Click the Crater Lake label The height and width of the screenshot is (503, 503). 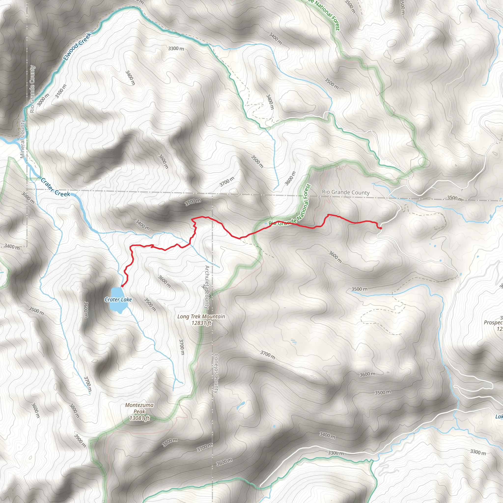118,300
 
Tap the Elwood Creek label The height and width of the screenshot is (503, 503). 77,46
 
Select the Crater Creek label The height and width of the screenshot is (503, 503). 55,187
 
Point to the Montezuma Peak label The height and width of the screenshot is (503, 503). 139,408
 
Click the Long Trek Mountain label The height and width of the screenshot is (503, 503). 201,317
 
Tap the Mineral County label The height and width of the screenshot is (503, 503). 23,139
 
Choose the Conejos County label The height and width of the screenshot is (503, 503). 216,373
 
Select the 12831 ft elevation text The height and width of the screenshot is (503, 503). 201,323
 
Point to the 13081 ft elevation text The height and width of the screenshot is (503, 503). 139,418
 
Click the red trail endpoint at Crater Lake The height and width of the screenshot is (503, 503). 122,286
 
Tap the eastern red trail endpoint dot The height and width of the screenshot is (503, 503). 381,228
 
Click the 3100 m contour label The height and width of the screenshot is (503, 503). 61,91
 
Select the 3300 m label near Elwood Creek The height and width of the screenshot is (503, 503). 176,48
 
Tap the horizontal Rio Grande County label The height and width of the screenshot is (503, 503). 346,192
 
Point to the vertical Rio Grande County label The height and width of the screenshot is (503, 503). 32,89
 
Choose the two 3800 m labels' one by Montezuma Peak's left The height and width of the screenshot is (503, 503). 74,411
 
